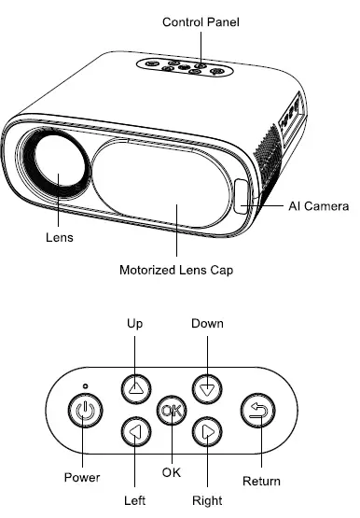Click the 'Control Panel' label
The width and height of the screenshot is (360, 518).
(201, 21)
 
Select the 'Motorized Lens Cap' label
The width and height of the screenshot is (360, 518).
(175, 271)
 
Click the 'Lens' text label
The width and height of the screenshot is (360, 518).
(59, 237)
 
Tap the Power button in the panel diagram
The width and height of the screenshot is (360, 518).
(84, 410)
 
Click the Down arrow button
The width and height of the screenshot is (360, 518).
(206, 387)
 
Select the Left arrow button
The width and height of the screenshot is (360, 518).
(135, 431)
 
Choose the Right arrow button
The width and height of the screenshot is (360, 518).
(206, 431)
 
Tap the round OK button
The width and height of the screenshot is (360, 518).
(171, 410)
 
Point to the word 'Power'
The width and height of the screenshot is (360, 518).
(82, 477)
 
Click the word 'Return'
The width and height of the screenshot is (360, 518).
(261, 482)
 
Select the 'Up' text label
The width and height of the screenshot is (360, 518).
(135, 323)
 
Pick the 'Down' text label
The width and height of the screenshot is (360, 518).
(207, 323)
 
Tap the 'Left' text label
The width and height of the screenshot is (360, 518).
(135, 500)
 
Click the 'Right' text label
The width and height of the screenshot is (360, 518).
(207, 500)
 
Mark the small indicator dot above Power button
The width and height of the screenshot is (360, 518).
(84, 385)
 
